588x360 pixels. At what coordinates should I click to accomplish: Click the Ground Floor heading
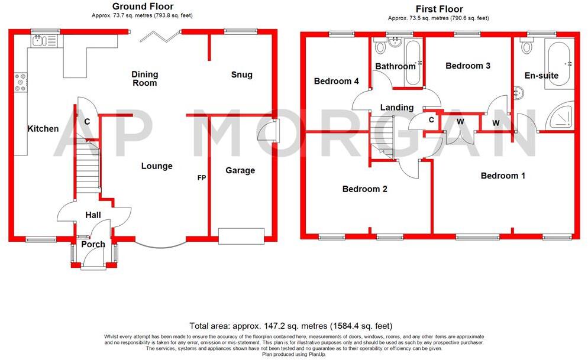coord(143,7)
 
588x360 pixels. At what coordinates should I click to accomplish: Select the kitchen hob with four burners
coord(20,82)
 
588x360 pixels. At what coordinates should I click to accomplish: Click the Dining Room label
coord(145,79)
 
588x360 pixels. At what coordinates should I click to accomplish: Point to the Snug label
coord(241,74)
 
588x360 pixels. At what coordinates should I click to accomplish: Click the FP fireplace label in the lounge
coord(201,177)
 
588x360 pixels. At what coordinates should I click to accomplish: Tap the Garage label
coord(240,170)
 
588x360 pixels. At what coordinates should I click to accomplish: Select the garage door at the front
coord(241,236)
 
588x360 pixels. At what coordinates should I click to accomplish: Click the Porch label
coord(93,244)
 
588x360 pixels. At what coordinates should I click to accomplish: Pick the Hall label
coord(92,215)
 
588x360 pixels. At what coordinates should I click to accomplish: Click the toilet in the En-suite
coord(526,46)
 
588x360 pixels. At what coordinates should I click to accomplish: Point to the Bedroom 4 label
coord(336,81)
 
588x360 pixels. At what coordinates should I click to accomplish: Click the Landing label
coord(396,108)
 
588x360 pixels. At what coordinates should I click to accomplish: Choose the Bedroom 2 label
coord(364,189)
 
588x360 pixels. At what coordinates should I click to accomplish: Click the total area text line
coord(290,326)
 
